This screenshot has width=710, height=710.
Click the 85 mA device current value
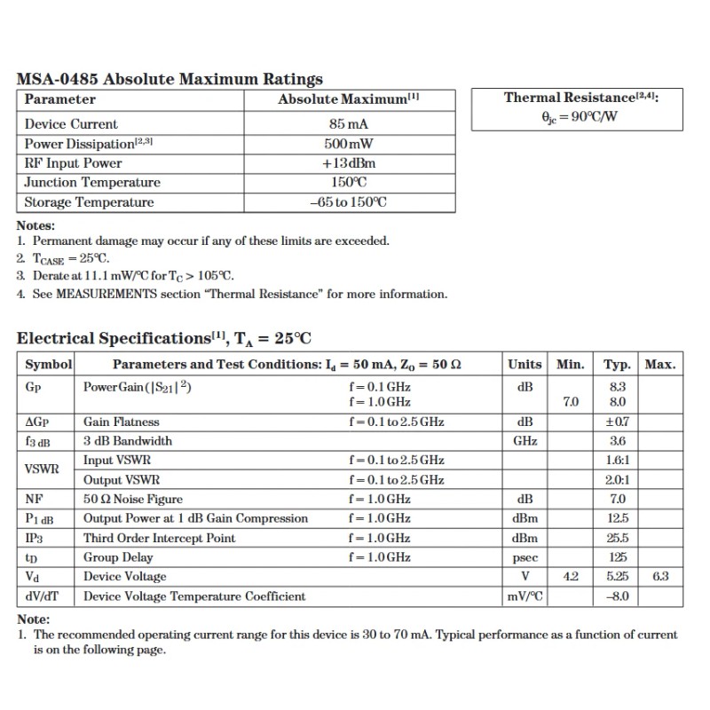pyautogui.click(x=348, y=124)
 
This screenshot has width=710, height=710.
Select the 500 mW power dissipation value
pyautogui.click(x=348, y=144)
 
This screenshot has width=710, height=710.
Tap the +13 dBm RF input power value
pyautogui.click(x=348, y=163)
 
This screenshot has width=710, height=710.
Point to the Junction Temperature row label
pyautogui.click(x=92, y=183)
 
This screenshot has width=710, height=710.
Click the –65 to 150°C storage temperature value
pyautogui.click(x=348, y=202)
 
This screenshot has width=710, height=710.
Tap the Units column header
pyautogui.click(x=525, y=364)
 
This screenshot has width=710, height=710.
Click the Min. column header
pyautogui.click(x=571, y=364)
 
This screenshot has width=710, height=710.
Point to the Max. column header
pyautogui.click(x=659, y=364)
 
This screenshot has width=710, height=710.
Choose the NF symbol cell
pyautogui.click(x=35, y=500)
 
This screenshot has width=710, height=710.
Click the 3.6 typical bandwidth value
pyautogui.click(x=618, y=441)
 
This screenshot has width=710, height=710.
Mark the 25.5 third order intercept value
pyautogui.click(x=618, y=539)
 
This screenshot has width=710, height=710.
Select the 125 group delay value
pyautogui.click(x=618, y=558)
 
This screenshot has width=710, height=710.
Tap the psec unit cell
pyautogui.click(x=525, y=558)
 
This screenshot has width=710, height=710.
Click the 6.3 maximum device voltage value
pyautogui.click(x=659, y=577)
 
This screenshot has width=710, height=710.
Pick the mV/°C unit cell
pyautogui.click(x=525, y=596)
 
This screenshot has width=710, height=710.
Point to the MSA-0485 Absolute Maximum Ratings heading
pyautogui.click(x=170, y=79)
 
